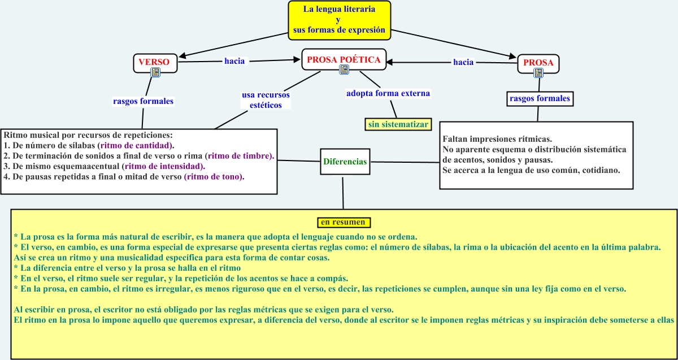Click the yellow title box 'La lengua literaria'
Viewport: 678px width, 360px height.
(x=338, y=20)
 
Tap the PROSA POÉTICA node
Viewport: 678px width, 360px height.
(x=343, y=58)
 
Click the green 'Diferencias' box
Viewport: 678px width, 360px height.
(x=345, y=162)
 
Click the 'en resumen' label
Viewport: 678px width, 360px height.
(x=343, y=222)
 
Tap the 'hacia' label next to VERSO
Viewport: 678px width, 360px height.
(x=234, y=61)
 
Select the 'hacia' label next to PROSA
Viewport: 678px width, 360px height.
(x=463, y=62)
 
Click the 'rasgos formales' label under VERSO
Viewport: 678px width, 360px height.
(x=144, y=101)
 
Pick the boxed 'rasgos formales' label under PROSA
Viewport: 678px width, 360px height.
(x=540, y=99)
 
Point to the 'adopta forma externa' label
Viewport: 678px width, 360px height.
(x=388, y=93)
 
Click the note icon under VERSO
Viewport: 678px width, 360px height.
(x=155, y=72)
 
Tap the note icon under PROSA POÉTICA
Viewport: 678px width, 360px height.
(x=344, y=70)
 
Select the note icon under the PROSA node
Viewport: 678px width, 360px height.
(x=538, y=72)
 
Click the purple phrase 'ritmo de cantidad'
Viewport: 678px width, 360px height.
(x=136, y=145)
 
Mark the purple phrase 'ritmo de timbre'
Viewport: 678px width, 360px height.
(x=240, y=155)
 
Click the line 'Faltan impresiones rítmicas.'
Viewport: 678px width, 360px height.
(x=497, y=139)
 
